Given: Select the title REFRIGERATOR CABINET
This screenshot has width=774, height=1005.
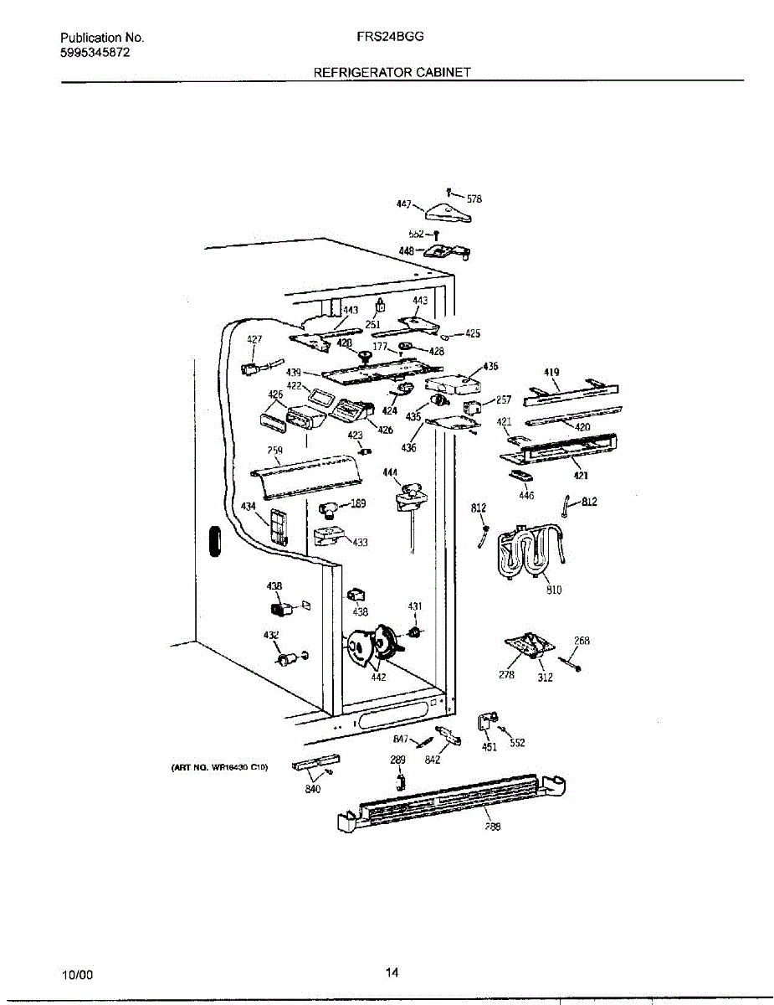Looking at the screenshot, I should click(x=392, y=72).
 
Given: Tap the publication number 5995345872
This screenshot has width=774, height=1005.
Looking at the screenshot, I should click(x=95, y=52).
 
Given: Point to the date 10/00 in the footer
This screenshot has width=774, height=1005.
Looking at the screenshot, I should click(x=77, y=975).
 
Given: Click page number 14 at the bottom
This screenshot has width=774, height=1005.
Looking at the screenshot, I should click(x=392, y=973).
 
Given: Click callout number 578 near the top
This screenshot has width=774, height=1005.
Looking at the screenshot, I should click(x=474, y=199).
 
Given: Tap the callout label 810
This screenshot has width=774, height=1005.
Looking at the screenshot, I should click(x=554, y=590).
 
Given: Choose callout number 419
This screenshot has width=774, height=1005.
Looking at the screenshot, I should click(x=551, y=372).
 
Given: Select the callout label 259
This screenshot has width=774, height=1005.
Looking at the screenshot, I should click(x=274, y=451).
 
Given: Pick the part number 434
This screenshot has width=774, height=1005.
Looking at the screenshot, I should click(x=249, y=506).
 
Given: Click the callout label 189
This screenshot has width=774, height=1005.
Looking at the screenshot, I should click(x=358, y=503).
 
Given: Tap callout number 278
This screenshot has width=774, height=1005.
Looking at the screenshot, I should click(x=507, y=674).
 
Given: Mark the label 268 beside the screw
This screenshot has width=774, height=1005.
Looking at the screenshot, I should click(x=582, y=641).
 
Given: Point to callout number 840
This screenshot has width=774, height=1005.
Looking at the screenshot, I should click(x=313, y=788).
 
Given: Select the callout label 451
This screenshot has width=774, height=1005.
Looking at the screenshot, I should click(x=490, y=747).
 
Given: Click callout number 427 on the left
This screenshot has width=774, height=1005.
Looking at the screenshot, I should click(x=254, y=339).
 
